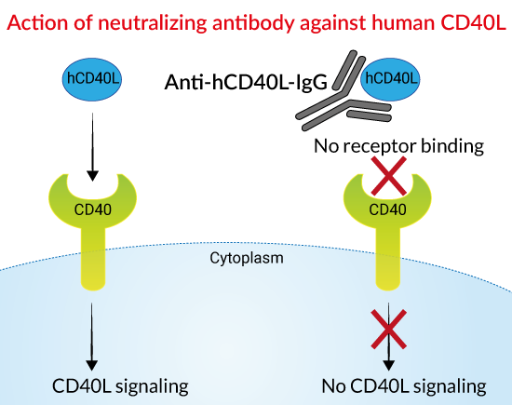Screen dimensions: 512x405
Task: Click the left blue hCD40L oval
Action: (92, 79)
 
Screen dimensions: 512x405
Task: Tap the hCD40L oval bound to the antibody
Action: (390, 79)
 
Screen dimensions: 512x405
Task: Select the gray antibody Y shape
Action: (343, 98)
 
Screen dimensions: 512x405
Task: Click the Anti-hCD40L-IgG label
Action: (246, 82)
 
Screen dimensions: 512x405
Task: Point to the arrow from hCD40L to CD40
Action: (93, 147)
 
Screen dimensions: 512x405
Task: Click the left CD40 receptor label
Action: (93, 209)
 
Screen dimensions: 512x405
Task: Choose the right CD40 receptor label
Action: (387, 209)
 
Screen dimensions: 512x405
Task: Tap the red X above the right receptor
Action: (389, 176)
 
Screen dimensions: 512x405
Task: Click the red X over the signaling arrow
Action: (389, 329)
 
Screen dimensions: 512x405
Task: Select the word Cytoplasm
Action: (247, 258)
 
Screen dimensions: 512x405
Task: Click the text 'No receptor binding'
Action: (398, 145)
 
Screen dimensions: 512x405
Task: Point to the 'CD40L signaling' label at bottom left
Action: (120, 386)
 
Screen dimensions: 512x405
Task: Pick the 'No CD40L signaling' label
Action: (404, 386)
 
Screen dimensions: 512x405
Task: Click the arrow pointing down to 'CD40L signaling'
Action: (92, 337)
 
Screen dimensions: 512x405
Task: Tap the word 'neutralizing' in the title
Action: (153, 23)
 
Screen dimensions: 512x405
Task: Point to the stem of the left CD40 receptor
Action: (93, 258)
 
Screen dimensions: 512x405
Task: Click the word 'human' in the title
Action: (403, 23)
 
